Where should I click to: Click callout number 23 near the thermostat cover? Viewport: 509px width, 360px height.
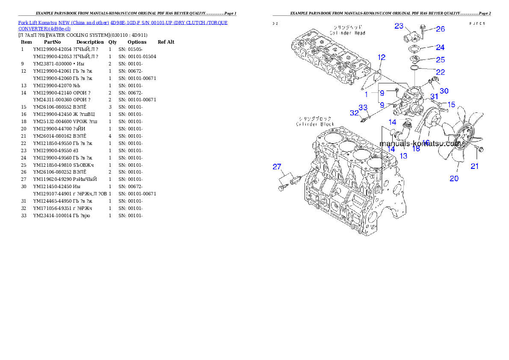pyautogui.click(x=399, y=26)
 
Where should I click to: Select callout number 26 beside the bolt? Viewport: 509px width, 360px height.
pyautogui.click(x=440, y=29)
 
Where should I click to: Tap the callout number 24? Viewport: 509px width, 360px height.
pyautogui.click(x=440, y=47)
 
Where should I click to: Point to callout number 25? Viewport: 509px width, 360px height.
pyautogui.click(x=440, y=60)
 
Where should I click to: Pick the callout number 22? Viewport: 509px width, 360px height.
pyautogui.click(x=440, y=72)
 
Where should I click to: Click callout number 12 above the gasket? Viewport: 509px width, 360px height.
pyautogui.click(x=382, y=57)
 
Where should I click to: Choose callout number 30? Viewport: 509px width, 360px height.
pyautogui.click(x=444, y=91)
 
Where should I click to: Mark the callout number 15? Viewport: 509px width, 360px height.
pyautogui.click(x=451, y=104)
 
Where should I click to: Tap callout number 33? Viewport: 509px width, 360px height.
pyautogui.click(x=363, y=107)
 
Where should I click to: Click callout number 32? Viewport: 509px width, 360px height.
pyautogui.click(x=354, y=113)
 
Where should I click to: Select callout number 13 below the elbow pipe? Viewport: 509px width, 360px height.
pyautogui.click(x=403, y=156)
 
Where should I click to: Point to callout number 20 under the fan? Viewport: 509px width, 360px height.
pyautogui.click(x=454, y=178)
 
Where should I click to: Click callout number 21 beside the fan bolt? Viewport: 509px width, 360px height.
pyautogui.click(x=475, y=166)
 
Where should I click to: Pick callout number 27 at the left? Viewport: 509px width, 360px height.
pyautogui.click(x=277, y=167)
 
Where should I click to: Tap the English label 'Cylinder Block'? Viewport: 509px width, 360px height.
pyautogui.click(x=315, y=124)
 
